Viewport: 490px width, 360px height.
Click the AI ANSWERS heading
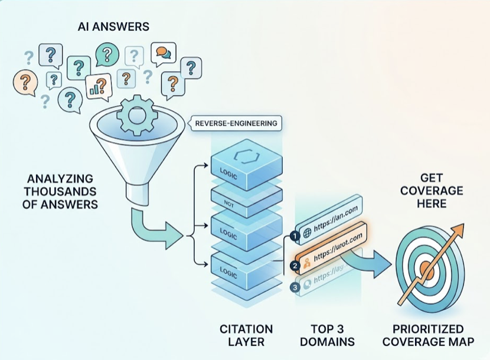(x=113, y=27)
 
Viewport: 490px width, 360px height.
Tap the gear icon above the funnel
(x=136, y=116)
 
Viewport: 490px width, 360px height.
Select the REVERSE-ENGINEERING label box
(x=234, y=124)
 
